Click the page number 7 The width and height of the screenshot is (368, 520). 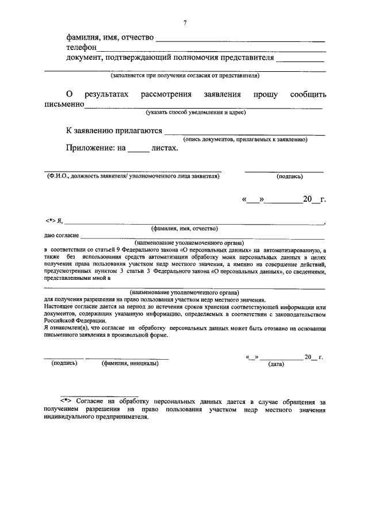point(185,22)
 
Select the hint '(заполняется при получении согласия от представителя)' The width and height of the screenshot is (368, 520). point(185,75)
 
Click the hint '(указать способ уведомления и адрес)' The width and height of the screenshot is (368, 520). point(196,112)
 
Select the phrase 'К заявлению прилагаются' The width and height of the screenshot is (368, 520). point(114,130)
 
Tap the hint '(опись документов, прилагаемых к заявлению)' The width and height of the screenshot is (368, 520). point(246,139)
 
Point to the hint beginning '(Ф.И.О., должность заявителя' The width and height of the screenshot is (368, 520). point(133,176)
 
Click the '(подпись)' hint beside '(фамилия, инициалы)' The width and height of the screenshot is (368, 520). point(64,363)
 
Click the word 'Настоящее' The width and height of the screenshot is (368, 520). point(60,307)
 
